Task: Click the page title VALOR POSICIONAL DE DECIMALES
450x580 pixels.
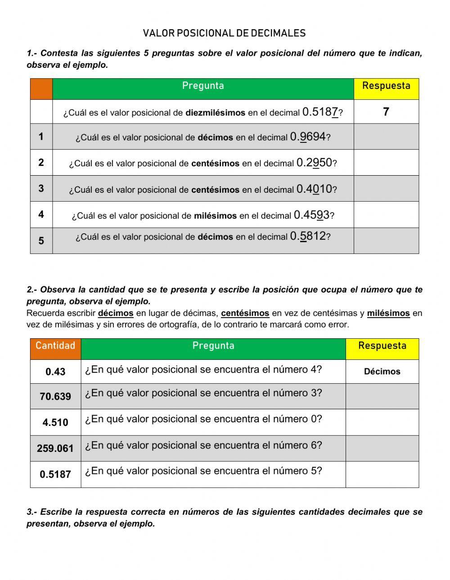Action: click(x=224, y=33)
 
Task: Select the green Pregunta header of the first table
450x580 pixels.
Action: click(x=203, y=86)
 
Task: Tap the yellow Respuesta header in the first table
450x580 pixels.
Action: click(x=386, y=86)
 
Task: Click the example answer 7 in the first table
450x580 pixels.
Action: click(x=386, y=112)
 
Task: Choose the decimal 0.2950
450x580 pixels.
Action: click(x=314, y=163)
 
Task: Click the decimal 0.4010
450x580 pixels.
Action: click(x=314, y=189)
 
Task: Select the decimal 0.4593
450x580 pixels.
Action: click(x=311, y=215)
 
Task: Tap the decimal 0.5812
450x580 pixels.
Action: click(x=308, y=236)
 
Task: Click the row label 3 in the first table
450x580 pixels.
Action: click(x=41, y=188)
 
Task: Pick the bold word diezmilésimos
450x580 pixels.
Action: click(x=215, y=113)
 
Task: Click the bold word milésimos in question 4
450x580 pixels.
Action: click(x=215, y=216)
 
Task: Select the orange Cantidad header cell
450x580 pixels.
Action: click(x=55, y=346)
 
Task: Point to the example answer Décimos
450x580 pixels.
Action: click(x=382, y=372)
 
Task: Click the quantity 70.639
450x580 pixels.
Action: click(x=55, y=397)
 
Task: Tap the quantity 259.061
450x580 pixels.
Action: click(x=55, y=448)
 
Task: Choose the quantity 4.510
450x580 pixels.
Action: click(x=55, y=423)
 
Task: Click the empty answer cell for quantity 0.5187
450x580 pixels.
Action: click(x=382, y=474)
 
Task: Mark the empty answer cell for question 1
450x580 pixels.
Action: click(x=386, y=137)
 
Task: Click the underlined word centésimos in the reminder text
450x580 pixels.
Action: click(x=245, y=313)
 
